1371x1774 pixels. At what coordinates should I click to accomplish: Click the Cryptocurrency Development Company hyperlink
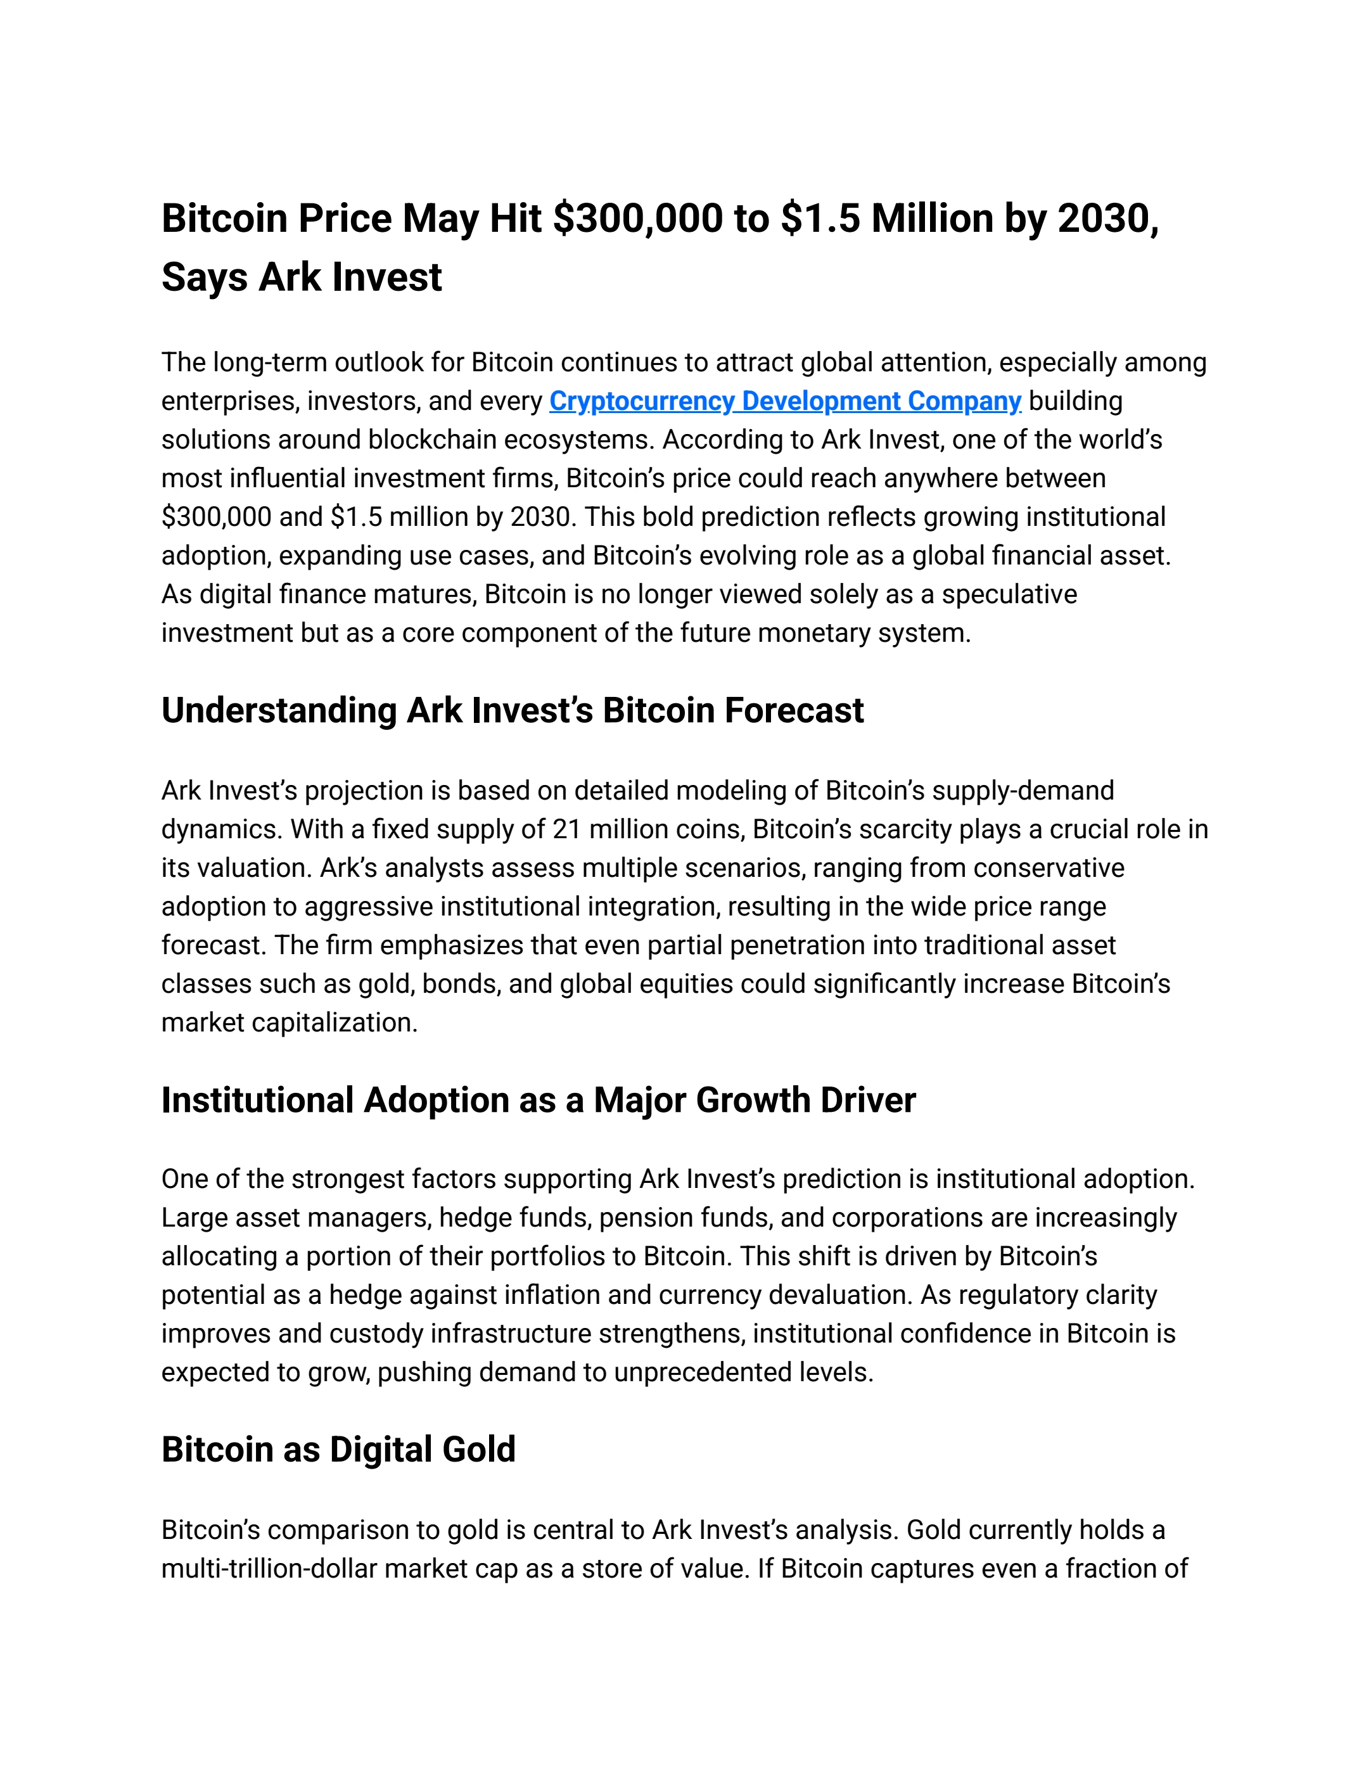coord(784,401)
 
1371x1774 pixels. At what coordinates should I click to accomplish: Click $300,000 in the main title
coord(637,219)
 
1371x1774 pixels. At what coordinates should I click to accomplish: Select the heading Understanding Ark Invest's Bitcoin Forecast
coord(512,711)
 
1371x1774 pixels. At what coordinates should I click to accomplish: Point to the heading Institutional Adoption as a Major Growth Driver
coord(538,1101)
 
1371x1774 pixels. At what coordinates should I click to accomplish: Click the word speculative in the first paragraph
coord(1009,594)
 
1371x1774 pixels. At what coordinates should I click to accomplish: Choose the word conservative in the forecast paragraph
coord(1049,869)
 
